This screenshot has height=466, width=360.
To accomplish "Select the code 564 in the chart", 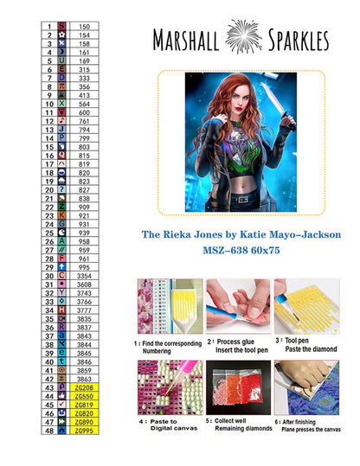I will pyautogui.click(x=84, y=104).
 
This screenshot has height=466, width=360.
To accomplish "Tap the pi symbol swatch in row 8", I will pyautogui.click(x=61, y=87).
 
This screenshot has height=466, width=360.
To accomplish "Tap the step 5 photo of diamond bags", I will pyautogui.click(x=239, y=390).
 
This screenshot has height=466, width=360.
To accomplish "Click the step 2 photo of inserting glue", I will pyautogui.click(x=239, y=306).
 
